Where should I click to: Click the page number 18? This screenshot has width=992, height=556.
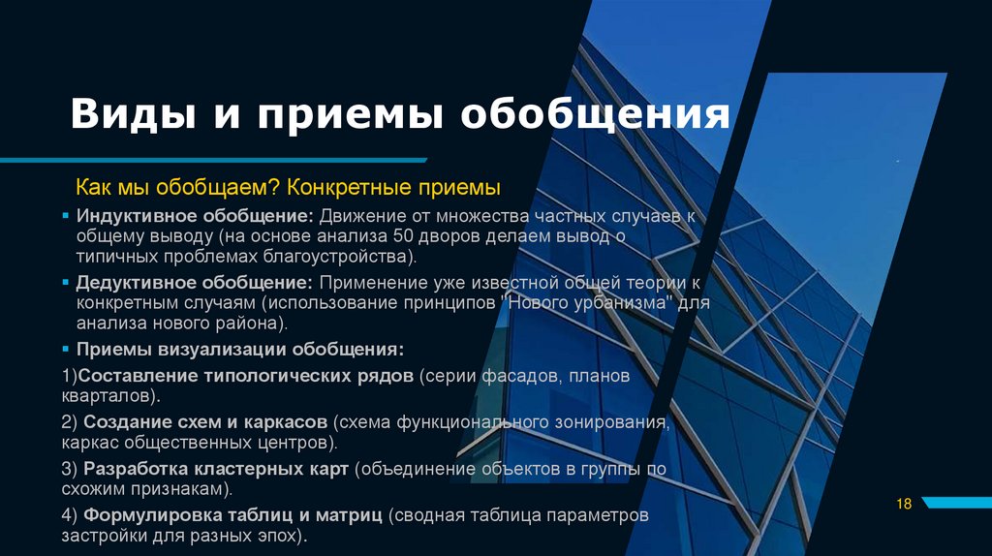pyautogui.click(x=905, y=504)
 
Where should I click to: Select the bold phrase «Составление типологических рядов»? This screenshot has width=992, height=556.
pyautogui.click(x=245, y=376)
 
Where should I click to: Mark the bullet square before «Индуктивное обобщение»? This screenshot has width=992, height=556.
pyautogui.click(x=65, y=215)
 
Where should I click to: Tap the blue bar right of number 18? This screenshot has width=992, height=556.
pyautogui.click(x=955, y=503)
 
